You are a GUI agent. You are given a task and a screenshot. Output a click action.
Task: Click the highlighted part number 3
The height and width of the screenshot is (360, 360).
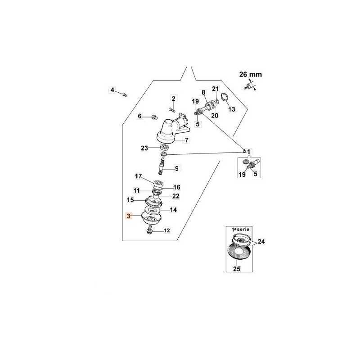click(128, 216)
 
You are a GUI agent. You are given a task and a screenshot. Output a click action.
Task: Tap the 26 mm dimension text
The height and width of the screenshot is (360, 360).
click(251, 74)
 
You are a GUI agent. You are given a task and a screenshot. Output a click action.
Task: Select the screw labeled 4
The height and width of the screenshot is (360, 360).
click(124, 94)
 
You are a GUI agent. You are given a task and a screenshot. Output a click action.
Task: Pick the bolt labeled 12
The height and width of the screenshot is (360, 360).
click(150, 229)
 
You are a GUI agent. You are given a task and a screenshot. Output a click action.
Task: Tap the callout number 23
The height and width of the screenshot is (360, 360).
click(144, 148)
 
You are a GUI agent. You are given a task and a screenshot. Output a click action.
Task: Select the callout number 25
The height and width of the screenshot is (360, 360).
click(237, 269)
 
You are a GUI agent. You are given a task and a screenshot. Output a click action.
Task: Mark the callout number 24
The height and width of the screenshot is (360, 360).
click(261, 242)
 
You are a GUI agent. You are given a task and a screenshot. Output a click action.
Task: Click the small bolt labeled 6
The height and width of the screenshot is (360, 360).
click(154, 117)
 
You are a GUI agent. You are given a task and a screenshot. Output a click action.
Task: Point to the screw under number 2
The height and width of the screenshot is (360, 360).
click(172, 110)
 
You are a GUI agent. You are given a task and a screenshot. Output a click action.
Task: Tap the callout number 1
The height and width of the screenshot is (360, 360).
click(249, 152)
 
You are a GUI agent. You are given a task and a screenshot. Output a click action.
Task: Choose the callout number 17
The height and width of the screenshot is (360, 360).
click(139, 176)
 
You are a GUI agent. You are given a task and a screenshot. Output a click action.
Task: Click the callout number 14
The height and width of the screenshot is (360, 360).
click(173, 210)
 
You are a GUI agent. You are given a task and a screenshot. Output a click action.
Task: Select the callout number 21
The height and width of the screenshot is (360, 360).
click(216, 89)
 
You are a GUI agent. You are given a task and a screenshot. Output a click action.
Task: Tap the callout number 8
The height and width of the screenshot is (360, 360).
click(203, 92)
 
